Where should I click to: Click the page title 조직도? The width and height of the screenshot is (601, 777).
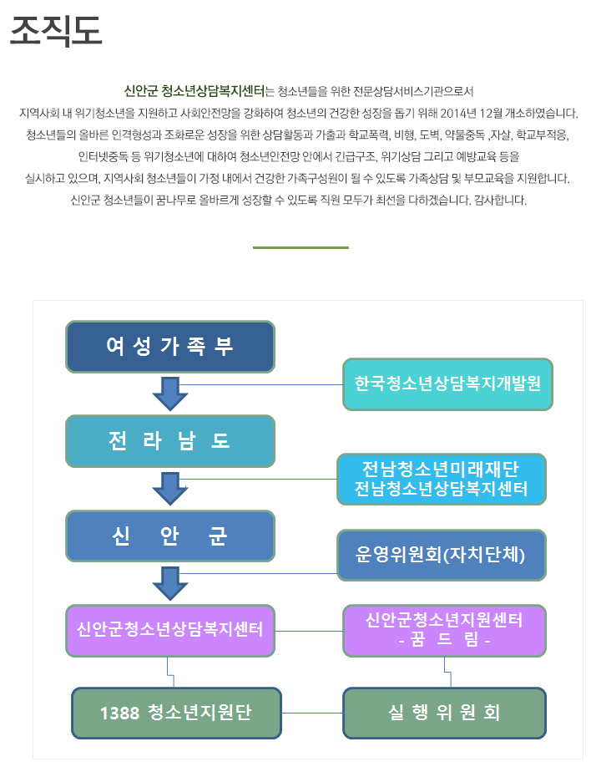click(56, 30)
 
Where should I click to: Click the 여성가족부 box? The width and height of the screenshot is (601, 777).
click(170, 347)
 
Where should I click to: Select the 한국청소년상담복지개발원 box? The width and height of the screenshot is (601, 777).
click(447, 384)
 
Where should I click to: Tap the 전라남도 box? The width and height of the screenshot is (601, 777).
click(170, 441)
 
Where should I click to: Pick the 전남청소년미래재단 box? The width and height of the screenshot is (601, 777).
click(442, 480)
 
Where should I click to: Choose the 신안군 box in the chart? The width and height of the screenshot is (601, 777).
click(170, 536)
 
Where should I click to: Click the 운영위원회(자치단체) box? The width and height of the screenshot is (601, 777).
click(442, 555)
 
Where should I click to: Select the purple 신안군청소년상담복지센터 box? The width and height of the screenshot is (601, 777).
click(170, 630)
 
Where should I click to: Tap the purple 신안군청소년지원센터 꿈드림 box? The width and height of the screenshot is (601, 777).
click(445, 630)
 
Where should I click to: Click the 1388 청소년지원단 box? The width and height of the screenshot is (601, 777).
click(177, 713)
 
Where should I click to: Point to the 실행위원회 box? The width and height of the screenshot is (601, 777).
click(445, 713)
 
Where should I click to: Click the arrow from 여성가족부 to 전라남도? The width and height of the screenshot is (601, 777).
click(170, 394)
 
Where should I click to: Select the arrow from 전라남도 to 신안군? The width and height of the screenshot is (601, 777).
click(170, 489)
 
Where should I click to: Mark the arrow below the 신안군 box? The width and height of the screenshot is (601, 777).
click(170, 584)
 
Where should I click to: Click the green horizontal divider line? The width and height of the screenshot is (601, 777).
click(300, 247)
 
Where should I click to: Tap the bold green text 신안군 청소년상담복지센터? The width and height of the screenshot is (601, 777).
click(194, 91)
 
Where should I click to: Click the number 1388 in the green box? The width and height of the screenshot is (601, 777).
click(120, 713)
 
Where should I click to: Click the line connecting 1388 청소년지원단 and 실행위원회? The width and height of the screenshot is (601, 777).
click(312, 713)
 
